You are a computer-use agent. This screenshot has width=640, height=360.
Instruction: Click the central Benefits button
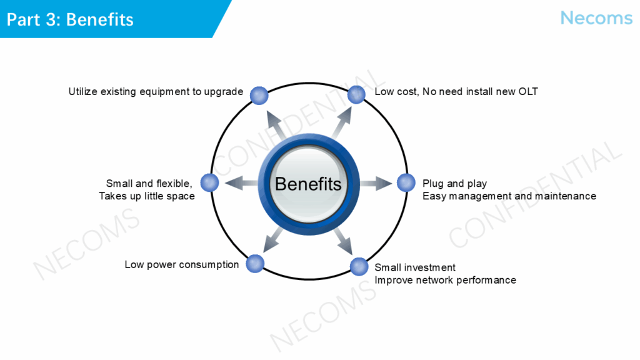[x=309, y=184]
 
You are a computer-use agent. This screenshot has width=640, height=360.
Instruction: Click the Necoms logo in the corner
[x=596, y=18]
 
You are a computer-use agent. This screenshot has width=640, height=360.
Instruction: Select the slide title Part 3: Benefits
[x=70, y=19]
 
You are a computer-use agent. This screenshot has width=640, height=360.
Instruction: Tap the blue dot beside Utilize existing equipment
[x=259, y=96]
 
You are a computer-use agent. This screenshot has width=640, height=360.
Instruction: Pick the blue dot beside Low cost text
[x=356, y=95]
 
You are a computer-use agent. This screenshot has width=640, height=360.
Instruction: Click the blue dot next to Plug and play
[x=406, y=182]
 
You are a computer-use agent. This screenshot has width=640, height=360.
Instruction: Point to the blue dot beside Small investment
[x=359, y=267]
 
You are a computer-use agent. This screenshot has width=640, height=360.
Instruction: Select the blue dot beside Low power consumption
[x=255, y=263]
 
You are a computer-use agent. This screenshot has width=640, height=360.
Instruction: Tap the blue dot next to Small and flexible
[x=210, y=182]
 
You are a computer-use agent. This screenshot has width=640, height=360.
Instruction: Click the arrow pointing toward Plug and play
[x=376, y=183]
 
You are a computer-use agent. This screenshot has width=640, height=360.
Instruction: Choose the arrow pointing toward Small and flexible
[x=241, y=183]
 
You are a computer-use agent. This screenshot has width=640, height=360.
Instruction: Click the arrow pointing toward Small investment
[x=343, y=241]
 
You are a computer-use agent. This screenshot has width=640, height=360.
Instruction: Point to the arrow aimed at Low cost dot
[x=342, y=122]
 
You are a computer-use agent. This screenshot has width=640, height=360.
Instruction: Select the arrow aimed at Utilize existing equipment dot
[x=276, y=125]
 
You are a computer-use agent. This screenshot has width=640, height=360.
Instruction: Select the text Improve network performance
[x=445, y=281]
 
